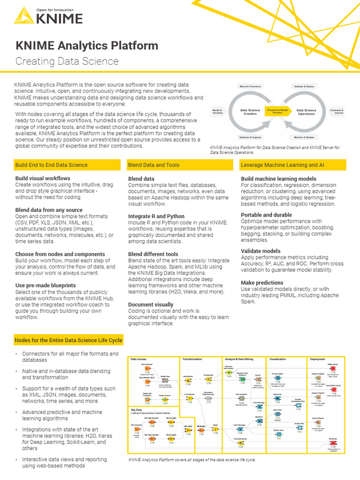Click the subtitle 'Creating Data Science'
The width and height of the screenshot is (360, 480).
[67, 61]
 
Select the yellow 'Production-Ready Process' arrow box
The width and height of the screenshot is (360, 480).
[278, 111]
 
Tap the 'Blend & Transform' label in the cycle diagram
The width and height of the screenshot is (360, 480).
[250, 87]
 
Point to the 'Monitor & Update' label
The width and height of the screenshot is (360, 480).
[304, 137]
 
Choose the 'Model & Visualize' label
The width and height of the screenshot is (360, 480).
[217, 112]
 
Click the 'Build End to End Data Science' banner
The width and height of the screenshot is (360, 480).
[52, 165]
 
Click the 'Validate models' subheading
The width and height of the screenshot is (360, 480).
[261, 251]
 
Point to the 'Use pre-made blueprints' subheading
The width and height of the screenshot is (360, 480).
[45, 285]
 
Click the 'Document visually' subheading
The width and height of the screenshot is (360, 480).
[150, 304]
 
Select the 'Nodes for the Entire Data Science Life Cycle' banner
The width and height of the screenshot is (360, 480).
[68, 340]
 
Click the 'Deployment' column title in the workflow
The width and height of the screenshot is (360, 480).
[318, 359]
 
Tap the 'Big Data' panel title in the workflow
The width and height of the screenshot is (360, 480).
[137, 410]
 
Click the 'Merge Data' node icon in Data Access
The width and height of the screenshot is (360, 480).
[165, 381]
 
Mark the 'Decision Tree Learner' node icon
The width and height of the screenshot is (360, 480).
[229, 373]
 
